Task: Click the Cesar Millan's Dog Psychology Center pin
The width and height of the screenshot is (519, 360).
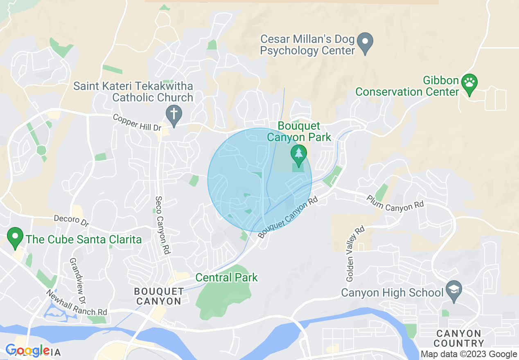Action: (365, 43)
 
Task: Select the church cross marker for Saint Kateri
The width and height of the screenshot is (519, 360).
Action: (174, 115)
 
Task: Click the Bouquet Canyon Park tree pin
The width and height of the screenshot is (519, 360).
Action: (299, 155)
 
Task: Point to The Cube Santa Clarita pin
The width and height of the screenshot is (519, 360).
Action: (16, 238)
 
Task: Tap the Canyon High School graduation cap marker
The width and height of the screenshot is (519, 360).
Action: (454, 290)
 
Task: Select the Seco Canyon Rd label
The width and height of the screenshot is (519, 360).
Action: (162, 225)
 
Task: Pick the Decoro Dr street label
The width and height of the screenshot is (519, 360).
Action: (71, 221)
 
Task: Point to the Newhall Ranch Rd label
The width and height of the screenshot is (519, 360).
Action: (76, 303)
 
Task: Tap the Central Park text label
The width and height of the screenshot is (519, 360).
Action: (226, 277)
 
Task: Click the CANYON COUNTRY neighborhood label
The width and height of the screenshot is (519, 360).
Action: (458, 338)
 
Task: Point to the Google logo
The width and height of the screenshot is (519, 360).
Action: (27, 351)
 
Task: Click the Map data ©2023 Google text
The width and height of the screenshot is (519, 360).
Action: (469, 354)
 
